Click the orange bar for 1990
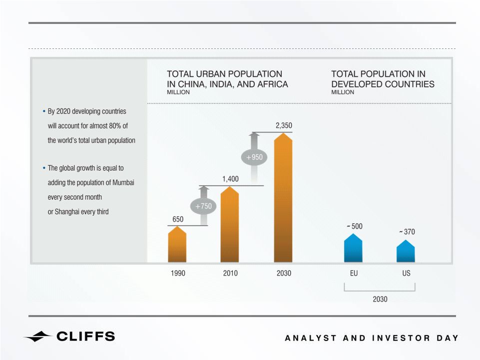click(177, 244)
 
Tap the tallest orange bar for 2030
click(283, 198)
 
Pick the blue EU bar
click(353, 248)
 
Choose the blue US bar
click(406, 251)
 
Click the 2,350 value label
click(284, 125)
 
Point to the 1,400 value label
click(230, 179)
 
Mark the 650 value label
click(178, 219)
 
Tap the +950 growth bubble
click(254, 157)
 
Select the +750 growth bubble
click(203, 206)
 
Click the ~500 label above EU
click(355, 226)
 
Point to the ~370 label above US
click(407, 232)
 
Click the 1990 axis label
click(178, 273)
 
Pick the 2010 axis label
click(230, 273)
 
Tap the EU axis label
click(354, 273)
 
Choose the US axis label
click(406, 273)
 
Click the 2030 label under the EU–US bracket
click(380, 299)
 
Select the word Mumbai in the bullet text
click(123, 182)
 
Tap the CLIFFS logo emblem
click(37, 337)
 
